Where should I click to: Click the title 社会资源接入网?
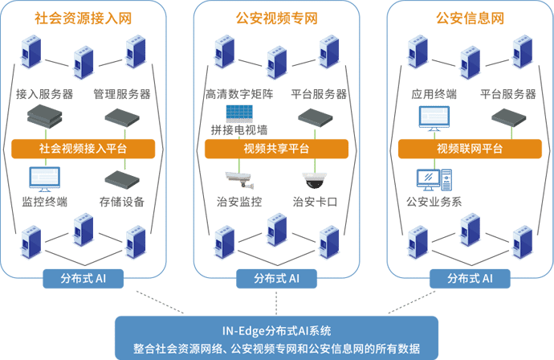click(84, 18)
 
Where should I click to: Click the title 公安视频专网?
click(276, 18)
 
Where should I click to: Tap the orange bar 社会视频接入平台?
click(83, 149)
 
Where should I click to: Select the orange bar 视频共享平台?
click(276, 149)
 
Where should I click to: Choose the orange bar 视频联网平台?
click(470, 149)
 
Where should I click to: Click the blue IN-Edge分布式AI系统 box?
click(276, 338)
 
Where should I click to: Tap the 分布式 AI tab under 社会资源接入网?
click(84, 279)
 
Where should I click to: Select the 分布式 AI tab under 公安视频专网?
click(276, 279)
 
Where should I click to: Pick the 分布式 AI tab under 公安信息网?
click(470, 279)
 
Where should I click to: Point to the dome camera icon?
click(312, 178)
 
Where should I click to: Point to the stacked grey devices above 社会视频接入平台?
click(44, 118)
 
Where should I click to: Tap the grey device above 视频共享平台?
click(314, 118)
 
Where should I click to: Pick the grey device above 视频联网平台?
click(508, 118)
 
